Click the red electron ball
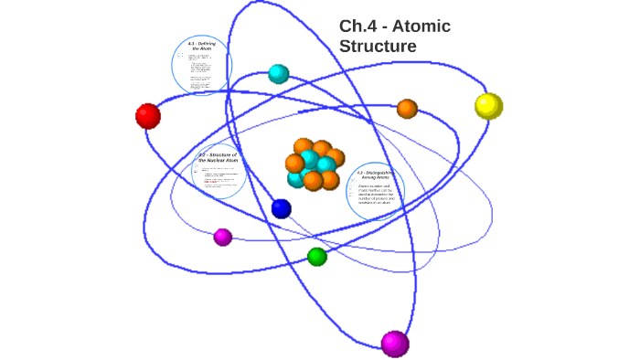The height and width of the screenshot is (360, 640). click(x=148, y=116)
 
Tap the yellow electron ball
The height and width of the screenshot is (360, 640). click(x=488, y=106)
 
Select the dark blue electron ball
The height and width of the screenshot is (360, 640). click(x=282, y=208)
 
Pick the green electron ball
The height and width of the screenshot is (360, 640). click(x=317, y=257)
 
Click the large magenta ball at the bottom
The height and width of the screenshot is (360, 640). click(x=394, y=344)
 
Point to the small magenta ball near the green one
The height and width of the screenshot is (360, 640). click(x=223, y=238)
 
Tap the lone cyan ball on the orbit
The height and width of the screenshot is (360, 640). click(x=279, y=74)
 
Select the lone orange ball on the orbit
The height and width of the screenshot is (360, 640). click(x=407, y=109)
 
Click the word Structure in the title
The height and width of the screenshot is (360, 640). click(x=378, y=46)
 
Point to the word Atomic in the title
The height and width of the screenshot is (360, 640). click(x=420, y=26)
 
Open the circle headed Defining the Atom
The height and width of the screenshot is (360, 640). click(x=202, y=65)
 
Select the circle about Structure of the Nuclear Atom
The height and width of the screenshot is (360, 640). click(x=219, y=172)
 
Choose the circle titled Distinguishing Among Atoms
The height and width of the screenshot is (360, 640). click(x=375, y=192)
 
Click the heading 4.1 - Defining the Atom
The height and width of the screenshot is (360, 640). click(x=202, y=45)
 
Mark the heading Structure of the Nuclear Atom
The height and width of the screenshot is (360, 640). click(x=218, y=157)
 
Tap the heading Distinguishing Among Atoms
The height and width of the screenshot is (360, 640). click(x=375, y=174)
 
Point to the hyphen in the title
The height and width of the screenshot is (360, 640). click(x=384, y=26)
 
